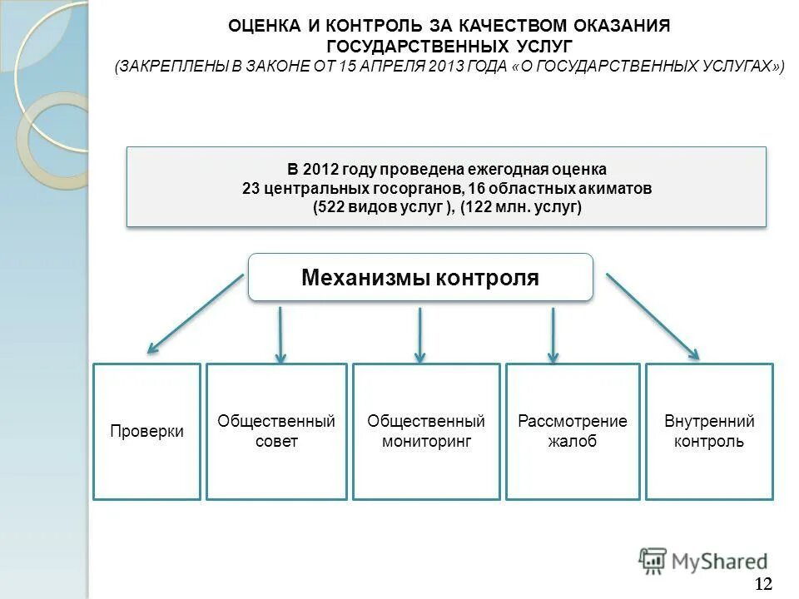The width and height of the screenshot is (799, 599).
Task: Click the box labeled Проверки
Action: click(x=146, y=432)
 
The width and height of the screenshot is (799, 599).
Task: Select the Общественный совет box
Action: click(x=276, y=432)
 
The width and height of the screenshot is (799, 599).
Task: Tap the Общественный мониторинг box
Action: click(x=426, y=432)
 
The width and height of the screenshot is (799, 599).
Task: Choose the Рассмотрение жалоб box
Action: click(x=573, y=432)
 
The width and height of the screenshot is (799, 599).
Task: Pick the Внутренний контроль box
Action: click(x=709, y=432)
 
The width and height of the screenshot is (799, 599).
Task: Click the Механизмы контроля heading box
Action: click(x=420, y=278)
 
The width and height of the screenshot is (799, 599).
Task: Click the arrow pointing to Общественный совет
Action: click(x=280, y=334)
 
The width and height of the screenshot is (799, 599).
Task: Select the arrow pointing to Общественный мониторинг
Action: click(x=420, y=334)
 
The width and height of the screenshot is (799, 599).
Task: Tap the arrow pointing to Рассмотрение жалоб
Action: click(x=552, y=334)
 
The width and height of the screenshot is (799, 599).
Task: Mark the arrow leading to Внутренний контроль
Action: click(x=654, y=316)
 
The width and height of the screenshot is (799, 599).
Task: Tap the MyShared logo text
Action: click(x=719, y=562)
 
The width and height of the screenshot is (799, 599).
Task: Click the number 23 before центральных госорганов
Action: click(x=251, y=189)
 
